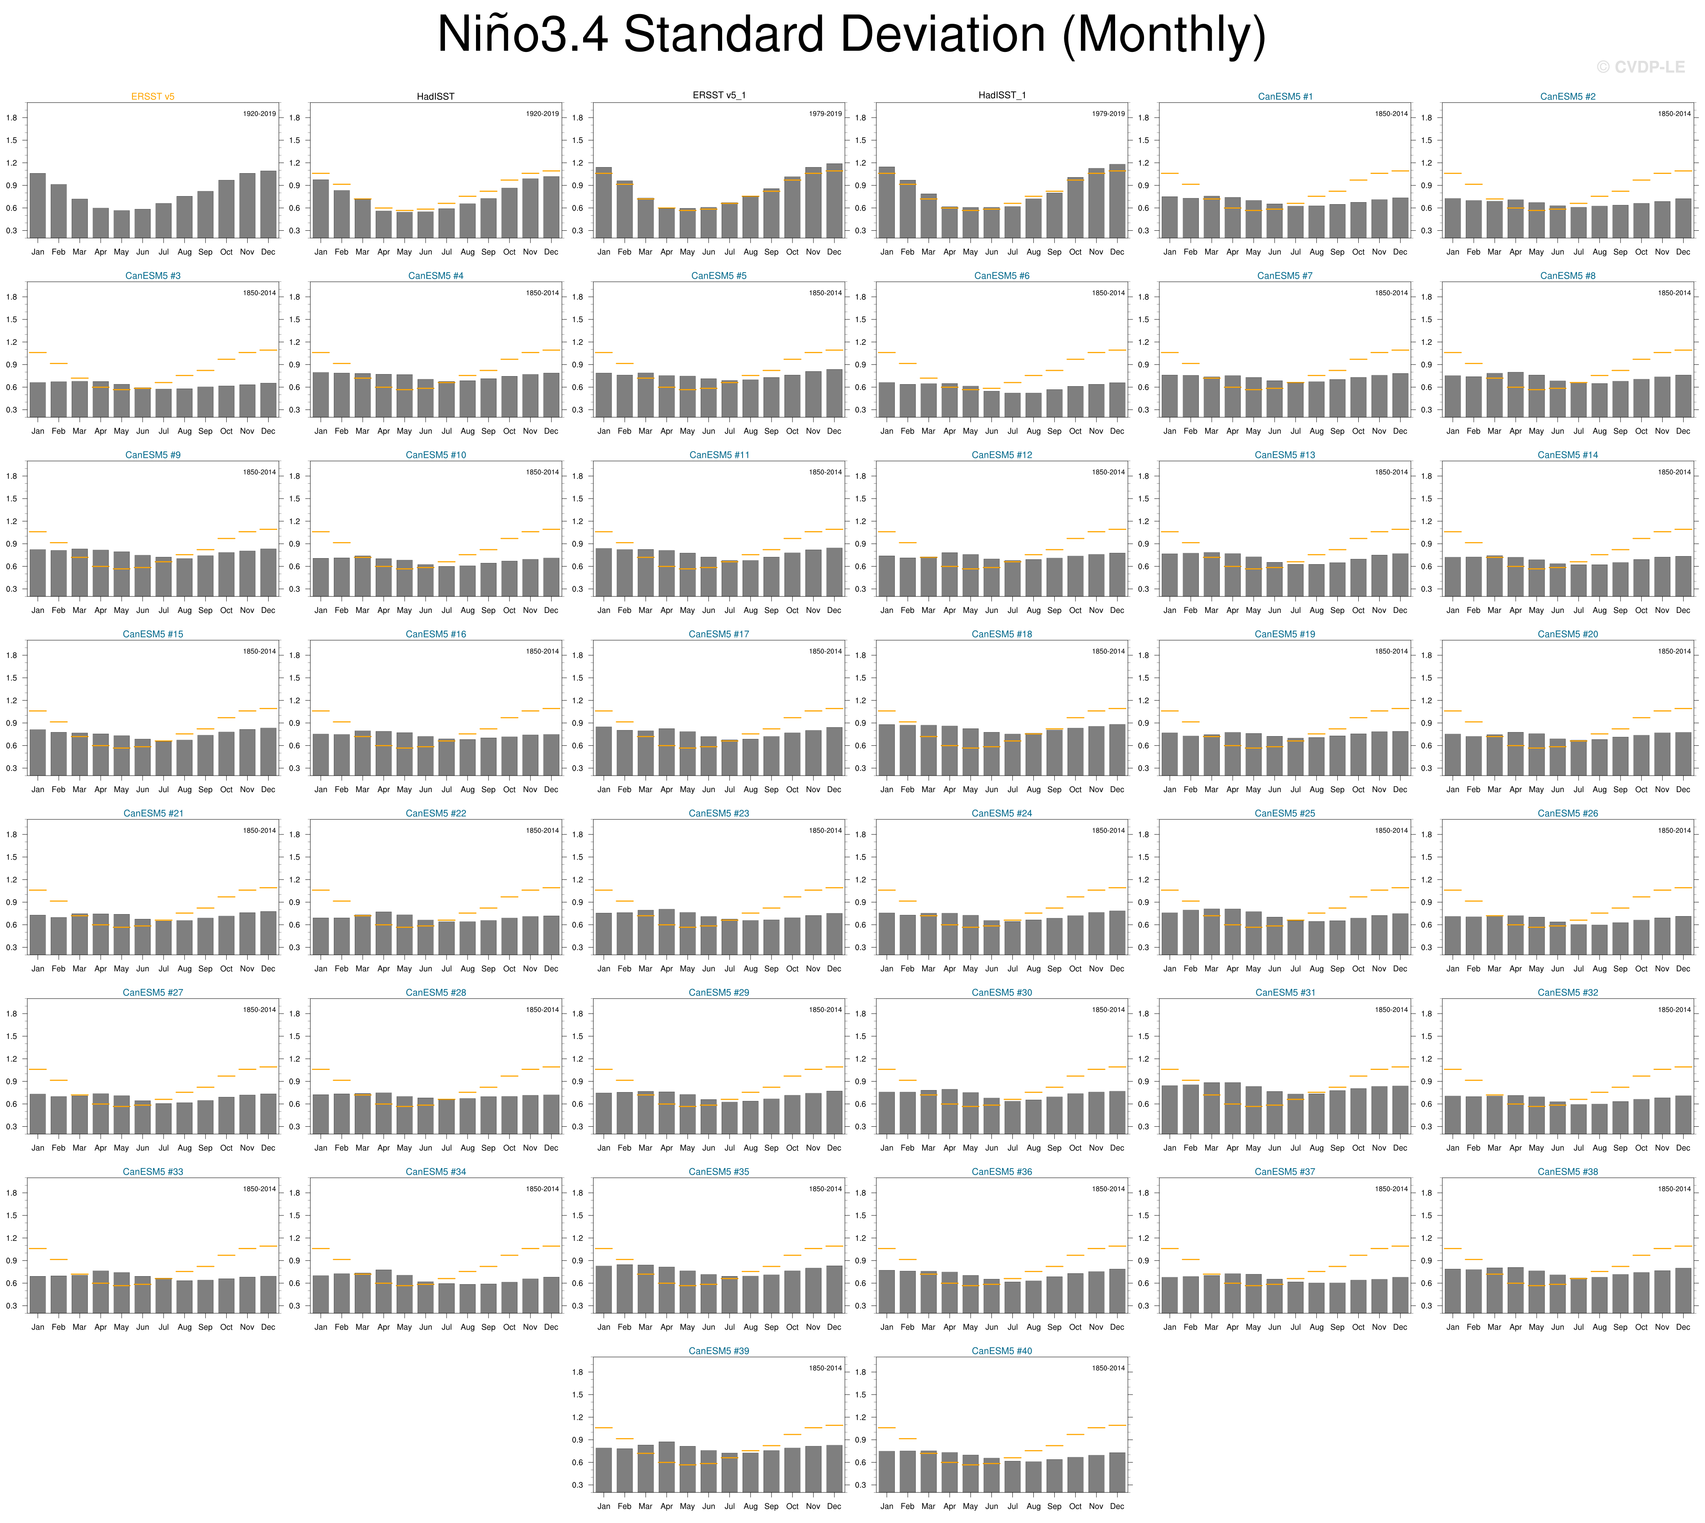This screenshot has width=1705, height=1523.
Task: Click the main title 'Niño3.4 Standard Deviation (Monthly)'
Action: [852, 35]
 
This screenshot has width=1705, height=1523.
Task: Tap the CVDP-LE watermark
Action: [1640, 67]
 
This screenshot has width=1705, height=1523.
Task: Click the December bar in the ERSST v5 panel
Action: [268, 204]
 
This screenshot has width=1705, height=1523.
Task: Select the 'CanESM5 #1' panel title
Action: [1285, 96]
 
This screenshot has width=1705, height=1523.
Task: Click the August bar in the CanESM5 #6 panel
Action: [1033, 404]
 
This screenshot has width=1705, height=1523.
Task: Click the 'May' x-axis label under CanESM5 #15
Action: [121, 789]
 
